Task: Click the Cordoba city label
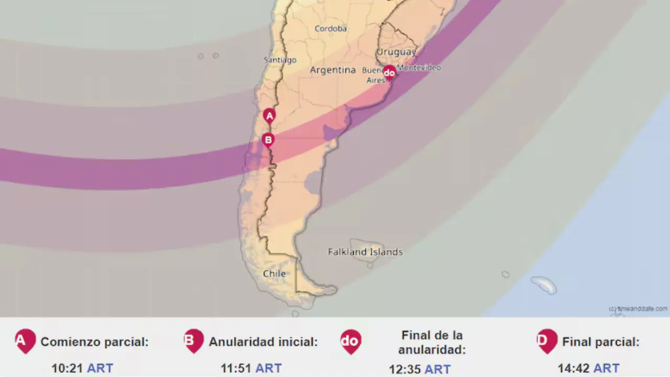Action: click(331, 29)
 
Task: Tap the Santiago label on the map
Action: click(280, 60)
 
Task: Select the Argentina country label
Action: click(333, 70)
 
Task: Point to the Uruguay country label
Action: click(397, 52)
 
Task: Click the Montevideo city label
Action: click(419, 68)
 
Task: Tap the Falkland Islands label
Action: click(365, 252)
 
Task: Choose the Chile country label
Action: click(274, 274)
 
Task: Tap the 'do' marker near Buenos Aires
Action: click(389, 73)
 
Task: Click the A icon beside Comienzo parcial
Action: click(25, 341)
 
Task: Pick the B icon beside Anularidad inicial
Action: click(194, 341)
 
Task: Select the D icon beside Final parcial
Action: click(547, 341)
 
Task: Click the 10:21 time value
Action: click(67, 369)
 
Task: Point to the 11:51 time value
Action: click(236, 369)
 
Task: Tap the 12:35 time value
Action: click(405, 370)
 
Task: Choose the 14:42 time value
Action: click(574, 369)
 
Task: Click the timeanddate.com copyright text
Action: click(638, 309)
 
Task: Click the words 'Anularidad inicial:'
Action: click(263, 342)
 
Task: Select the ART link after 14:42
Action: click(606, 369)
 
